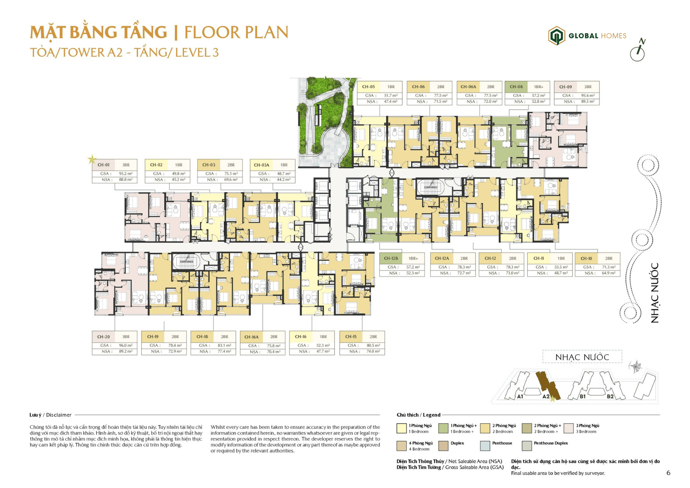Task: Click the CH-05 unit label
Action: click(368, 87)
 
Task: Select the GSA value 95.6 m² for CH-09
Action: click(588, 96)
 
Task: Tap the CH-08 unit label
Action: click(516, 87)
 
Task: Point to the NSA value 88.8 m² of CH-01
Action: click(125, 180)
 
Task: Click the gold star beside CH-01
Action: click(92, 159)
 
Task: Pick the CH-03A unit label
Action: click(261, 165)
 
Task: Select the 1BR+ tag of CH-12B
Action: click(413, 258)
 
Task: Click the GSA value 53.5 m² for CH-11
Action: click(561, 267)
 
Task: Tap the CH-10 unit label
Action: click(586, 258)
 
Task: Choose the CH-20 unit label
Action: click(103, 337)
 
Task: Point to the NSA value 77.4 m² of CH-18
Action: click(224, 351)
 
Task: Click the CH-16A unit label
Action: click(251, 337)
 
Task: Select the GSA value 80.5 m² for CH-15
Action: click(373, 345)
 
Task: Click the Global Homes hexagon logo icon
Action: click(556, 36)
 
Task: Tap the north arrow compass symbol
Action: click(638, 51)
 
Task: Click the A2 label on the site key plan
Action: click(546, 396)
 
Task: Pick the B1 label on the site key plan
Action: click(583, 396)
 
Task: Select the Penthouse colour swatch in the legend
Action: click(485, 446)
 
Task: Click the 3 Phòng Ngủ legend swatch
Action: click(569, 428)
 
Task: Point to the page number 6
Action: click(668, 473)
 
